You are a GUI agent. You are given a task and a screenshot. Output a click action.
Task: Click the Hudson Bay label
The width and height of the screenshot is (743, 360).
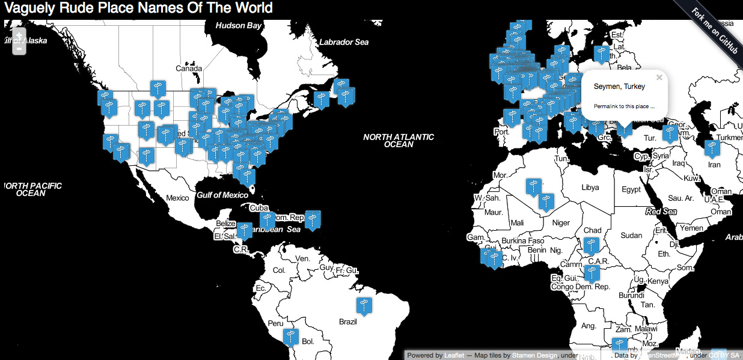239,26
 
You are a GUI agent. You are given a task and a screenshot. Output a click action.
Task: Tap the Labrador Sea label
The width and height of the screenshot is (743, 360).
344,42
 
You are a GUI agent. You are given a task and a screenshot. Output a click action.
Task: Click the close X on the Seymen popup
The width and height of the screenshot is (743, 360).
659,78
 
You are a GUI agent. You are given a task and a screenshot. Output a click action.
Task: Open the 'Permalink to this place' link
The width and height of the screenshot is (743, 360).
624,106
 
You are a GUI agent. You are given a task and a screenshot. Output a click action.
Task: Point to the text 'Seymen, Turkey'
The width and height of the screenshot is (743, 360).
619,87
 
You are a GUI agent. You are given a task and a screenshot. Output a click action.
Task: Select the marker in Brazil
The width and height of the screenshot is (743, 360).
363,305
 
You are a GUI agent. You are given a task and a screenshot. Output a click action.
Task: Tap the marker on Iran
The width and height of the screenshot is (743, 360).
712,148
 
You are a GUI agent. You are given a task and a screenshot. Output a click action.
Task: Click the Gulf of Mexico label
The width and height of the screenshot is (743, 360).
222,195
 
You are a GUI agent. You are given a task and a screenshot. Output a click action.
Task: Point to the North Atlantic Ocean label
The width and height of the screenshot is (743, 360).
399,141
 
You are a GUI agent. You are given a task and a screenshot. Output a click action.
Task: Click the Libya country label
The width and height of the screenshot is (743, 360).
590,188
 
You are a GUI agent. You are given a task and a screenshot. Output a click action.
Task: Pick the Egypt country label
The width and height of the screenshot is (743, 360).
631,190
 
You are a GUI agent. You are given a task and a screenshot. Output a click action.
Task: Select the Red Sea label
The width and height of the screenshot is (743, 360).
661,212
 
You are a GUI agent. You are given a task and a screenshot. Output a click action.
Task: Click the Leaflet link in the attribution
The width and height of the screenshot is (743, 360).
454,355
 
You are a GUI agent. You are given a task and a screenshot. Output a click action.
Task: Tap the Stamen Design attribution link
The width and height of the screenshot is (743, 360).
534,355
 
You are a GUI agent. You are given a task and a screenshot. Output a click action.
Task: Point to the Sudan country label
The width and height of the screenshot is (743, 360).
631,236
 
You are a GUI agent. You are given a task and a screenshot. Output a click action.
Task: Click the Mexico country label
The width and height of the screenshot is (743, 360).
177,198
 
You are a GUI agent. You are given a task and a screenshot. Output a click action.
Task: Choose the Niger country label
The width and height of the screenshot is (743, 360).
561,223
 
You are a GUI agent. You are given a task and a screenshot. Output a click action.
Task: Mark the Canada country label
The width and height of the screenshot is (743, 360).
189,69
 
